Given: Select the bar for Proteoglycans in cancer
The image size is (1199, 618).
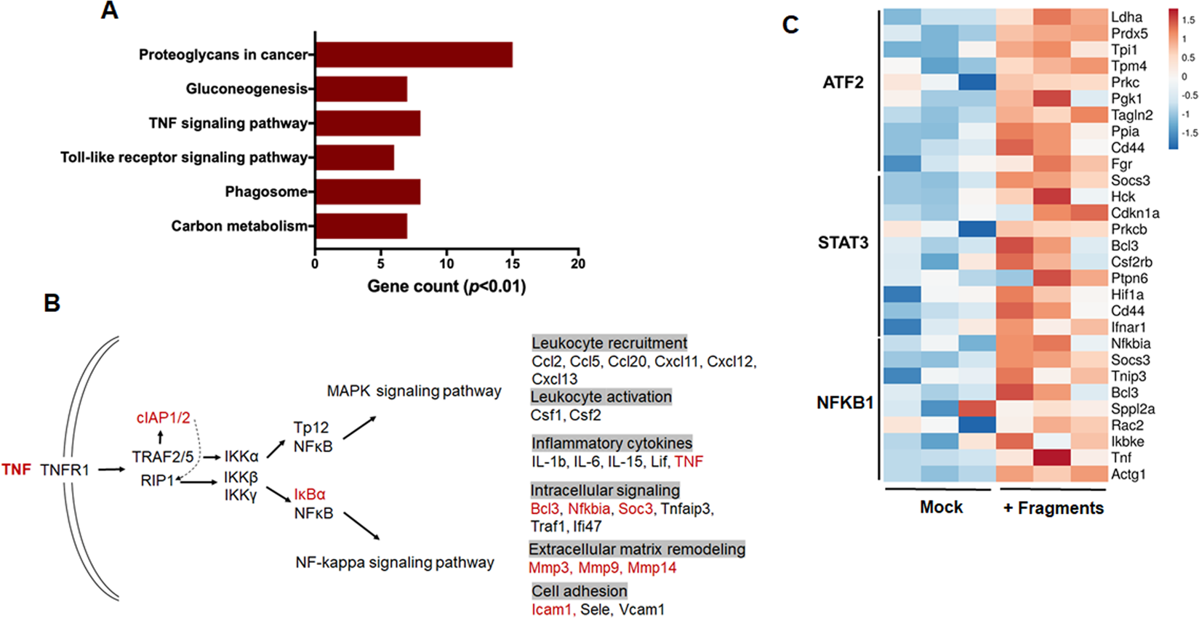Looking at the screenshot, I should pyautogui.click(x=413, y=55).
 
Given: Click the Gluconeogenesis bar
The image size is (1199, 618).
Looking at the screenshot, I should pyautogui.click(x=361, y=89).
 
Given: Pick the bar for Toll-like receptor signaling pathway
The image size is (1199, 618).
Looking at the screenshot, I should pyautogui.click(x=354, y=157).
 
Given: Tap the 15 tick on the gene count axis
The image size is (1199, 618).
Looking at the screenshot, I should pyautogui.click(x=512, y=264).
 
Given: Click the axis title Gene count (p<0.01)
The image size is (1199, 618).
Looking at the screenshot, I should pyautogui.click(x=446, y=286).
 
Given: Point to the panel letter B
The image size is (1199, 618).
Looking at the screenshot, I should pyautogui.click(x=52, y=303).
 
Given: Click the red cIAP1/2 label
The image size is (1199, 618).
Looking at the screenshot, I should pyautogui.click(x=163, y=418).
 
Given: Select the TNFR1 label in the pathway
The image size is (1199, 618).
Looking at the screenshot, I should pyautogui.click(x=65, y=470).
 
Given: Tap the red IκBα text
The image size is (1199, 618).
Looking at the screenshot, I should pyautogui.click(x=310, y=494).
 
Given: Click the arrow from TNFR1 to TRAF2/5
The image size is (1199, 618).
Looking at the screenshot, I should pyautogui.click(x=111, y=470).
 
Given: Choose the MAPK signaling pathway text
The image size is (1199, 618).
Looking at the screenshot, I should pyautogui.click(x=414, y=391).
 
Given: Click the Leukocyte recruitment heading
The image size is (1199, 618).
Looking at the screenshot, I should pyautogui.click(x=609, y=342).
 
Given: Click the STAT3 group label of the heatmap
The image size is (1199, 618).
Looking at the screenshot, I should pyautogui.click(x=843, y=243).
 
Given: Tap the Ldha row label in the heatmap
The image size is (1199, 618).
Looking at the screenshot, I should pyautogui.click(x=1126, y=17).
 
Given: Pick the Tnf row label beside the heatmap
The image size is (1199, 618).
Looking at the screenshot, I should pyautogui.click(x=1120, y=457).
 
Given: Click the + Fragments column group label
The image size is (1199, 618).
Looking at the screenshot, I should pyautogui.click(x=1053, y=508).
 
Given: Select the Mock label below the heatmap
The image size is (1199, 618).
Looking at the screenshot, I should pyautogui.click(x=941, y=507).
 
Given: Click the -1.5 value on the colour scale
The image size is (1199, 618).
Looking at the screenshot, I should pyautogui.click(x=1189, y=133).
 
